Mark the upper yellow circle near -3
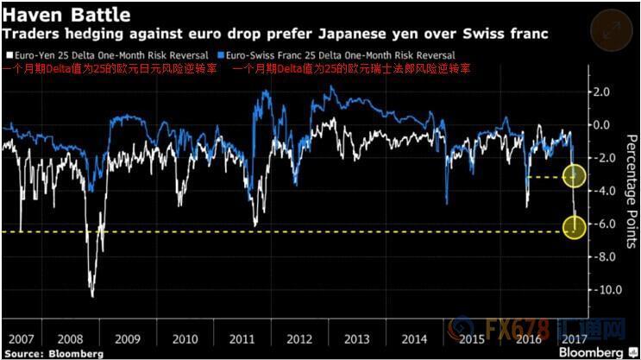pyautogui.click(x=575, y=176)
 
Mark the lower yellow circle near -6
pyautogui.click(x=575, y=228)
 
